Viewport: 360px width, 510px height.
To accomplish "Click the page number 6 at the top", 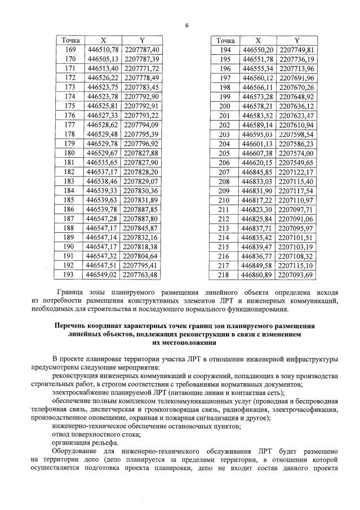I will [186, 25].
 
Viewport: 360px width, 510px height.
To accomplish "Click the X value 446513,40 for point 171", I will [103, 68].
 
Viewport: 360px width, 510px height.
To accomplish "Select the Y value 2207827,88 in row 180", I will [142, 153].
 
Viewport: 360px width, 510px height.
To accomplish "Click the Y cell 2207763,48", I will [142, 274].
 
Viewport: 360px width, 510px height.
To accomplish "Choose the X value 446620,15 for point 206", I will [257, 162].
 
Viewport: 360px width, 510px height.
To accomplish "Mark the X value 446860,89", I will [257, 274].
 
